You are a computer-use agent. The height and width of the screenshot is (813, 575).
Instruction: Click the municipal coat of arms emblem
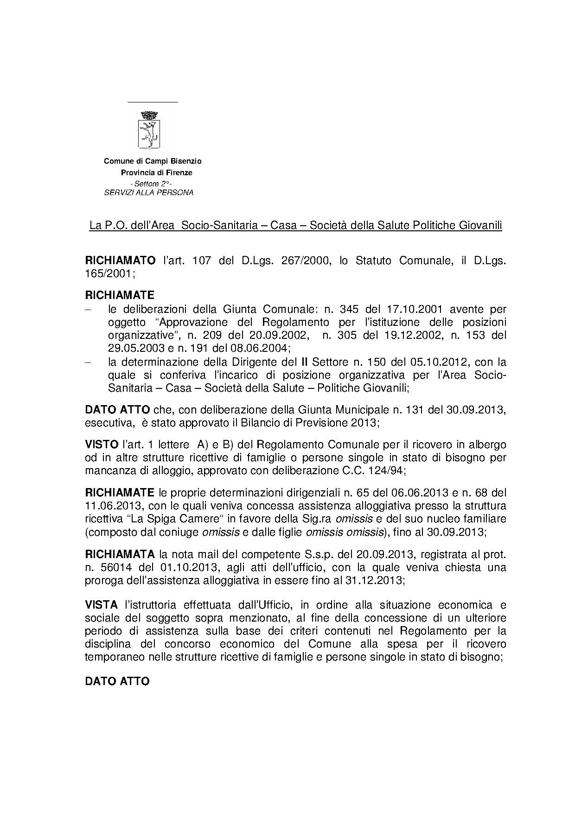point(149,129)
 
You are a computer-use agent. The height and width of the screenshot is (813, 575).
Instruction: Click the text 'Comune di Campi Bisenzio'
point(153,161)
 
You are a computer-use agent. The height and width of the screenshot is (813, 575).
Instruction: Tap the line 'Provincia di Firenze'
point(156,172)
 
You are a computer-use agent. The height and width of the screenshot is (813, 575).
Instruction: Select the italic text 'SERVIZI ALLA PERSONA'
point(149,192)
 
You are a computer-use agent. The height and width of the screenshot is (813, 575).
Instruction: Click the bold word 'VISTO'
point(102,445)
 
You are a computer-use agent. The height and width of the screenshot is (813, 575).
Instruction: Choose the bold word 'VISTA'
point(102,605)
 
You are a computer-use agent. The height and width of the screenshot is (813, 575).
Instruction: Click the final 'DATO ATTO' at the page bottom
point(117,681)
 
